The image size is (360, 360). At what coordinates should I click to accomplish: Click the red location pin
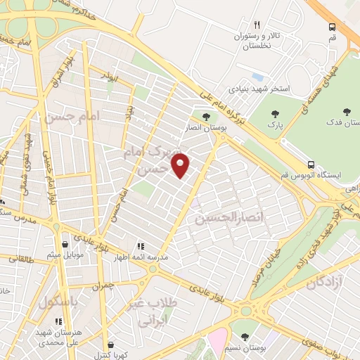point(181,165)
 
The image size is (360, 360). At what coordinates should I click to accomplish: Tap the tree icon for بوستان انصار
point(205,116)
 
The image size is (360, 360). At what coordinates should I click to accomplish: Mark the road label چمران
point(102,286)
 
